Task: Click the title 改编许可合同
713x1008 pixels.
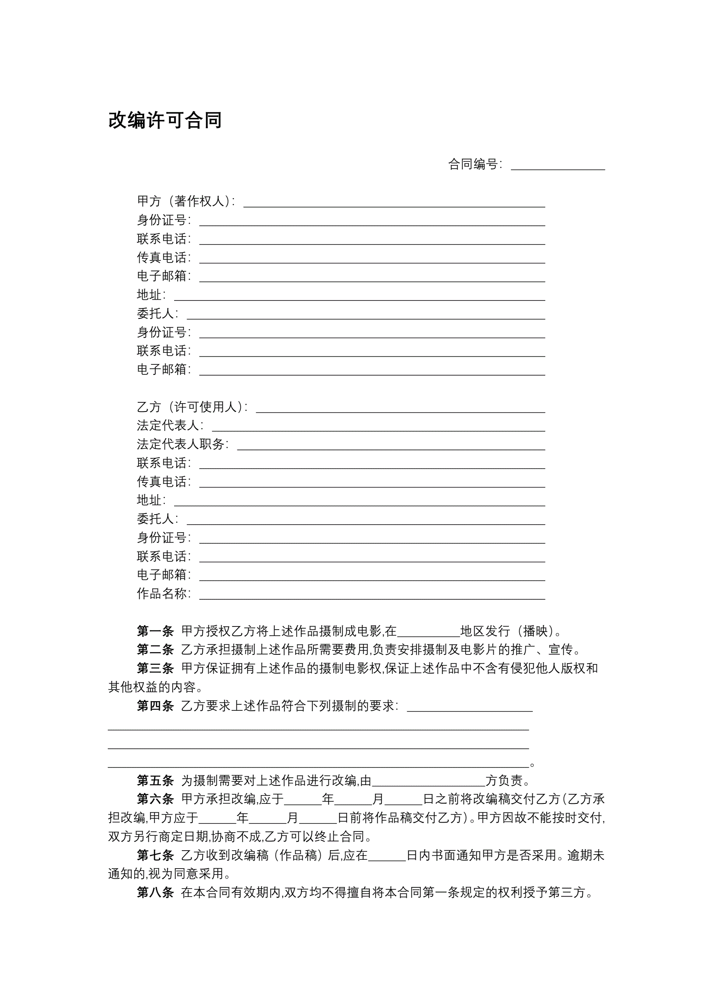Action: coord(165,120)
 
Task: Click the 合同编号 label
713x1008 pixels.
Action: coord(475,164)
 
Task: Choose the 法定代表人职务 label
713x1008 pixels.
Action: coord(182,444)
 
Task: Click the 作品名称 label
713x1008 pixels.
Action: coord(163,594)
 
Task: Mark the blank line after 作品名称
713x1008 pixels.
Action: coord(372,596)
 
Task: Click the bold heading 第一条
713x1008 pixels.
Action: coord(155,631)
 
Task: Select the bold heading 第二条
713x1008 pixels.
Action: coord(155,650)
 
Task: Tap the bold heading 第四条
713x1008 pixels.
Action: coord(155,706)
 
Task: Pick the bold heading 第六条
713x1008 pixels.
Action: coord(155,799)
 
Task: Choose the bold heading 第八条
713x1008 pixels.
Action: coord(155,893)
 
